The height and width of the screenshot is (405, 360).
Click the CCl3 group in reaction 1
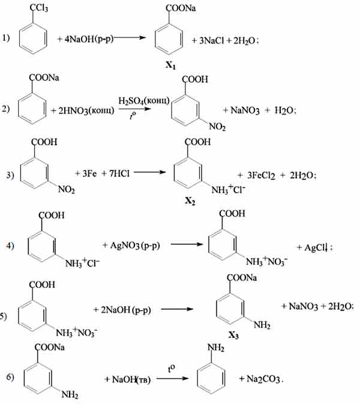(39, 8)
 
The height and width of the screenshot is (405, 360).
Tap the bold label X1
(170, 65)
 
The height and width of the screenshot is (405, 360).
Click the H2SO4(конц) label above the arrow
(144, 101)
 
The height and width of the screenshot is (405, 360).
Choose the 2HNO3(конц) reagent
(86, 111)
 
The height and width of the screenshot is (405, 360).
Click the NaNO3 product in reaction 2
(245, 110)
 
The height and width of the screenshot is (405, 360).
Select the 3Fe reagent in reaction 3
(89, 173)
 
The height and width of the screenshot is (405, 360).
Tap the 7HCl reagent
(119, 173)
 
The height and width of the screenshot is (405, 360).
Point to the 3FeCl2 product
(261, 175)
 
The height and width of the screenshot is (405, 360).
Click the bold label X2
(190, 200)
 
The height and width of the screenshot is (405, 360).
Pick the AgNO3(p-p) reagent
(135, 245)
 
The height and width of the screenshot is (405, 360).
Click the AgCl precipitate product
(316, 247)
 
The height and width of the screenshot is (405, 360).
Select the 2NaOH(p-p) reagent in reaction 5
(126, 310)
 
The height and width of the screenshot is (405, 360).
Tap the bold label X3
(233, 335)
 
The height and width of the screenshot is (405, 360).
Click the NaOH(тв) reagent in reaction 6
(131, 379)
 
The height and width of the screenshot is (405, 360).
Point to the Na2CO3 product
(263, 379)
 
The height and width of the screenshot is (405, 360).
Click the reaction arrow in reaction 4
(187, 244)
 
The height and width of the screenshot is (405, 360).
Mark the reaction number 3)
(10, 175)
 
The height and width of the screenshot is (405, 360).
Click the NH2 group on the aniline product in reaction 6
(216, 347)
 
